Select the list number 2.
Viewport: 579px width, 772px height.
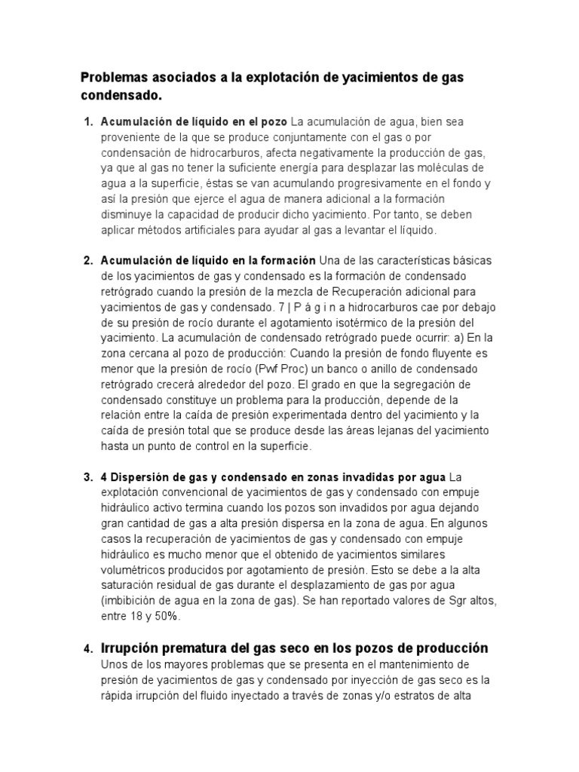click(87, 260)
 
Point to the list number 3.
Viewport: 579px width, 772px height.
click(87, 477)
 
